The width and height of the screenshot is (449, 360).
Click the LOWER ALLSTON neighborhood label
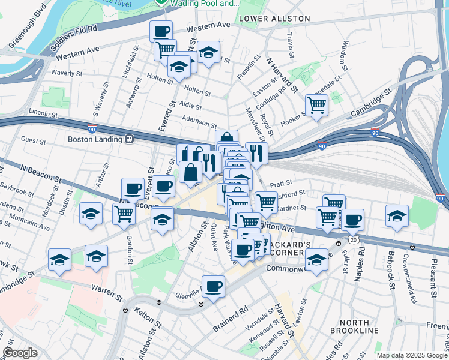coord(274,19)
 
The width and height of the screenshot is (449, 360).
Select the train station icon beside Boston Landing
coord(129,139)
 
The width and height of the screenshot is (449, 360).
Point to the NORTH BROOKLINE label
coord(354,326)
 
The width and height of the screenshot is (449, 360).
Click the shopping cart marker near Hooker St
coord(316,106)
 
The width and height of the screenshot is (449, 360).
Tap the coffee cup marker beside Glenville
coord(213,287)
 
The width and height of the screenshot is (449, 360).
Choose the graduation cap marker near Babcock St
coord(397,216)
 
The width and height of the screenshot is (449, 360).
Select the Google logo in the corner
coord(20,352)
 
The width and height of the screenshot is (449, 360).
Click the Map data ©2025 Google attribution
coord(411,355)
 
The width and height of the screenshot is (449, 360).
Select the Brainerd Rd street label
coord(230,320)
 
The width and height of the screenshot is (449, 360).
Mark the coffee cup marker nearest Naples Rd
coord(352,220)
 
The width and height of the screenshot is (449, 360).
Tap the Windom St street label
coord(345,55)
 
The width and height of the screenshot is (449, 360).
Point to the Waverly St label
coord(66,73)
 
